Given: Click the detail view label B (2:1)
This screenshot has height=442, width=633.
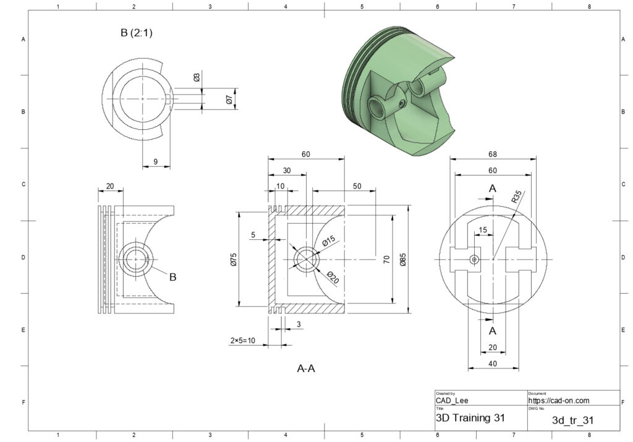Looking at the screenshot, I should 136,33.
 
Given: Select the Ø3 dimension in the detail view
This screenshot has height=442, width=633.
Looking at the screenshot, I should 197,78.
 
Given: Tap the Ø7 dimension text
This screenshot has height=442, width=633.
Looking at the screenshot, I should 229,99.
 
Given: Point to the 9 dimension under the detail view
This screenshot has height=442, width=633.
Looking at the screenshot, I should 155,161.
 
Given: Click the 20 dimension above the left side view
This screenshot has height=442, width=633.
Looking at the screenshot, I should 110,186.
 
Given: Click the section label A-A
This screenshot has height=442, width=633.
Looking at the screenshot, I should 306,369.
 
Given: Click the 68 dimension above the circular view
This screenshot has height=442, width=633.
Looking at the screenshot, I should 493,153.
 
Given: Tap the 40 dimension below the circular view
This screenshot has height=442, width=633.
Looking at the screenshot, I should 493,363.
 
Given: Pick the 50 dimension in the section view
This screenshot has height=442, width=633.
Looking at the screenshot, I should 357,186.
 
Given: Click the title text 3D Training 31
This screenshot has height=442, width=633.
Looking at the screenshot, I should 470,418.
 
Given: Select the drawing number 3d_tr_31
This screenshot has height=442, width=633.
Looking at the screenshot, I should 572,420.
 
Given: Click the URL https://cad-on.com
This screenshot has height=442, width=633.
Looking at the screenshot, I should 559,401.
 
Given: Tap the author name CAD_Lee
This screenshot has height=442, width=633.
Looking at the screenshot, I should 452,401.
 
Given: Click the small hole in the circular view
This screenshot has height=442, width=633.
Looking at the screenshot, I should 474,260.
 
